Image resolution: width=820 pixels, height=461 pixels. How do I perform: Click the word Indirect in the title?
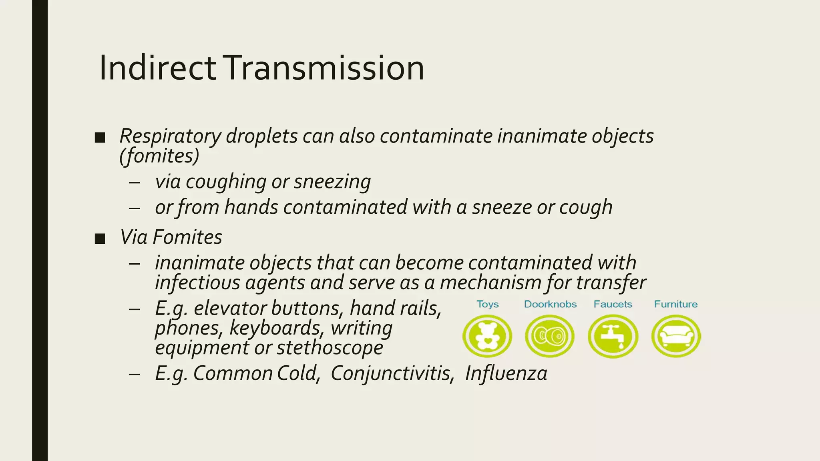pyautogui.click(x=157, y=68)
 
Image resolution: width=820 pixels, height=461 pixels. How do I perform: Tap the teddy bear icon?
pyautogui.click(x=487, y=336)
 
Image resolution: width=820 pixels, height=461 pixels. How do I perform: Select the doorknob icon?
pyautogui.click(x=550, y=336)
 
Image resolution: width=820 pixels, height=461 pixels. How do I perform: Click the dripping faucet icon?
pyautogui.click(x=613, y=336)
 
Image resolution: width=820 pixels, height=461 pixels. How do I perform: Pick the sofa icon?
pyautogui.click(x=676, y=336)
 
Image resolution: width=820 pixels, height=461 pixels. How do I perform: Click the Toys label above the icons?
pyautogui.click(x=488, y=305)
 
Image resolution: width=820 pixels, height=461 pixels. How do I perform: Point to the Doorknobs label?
pyautogui.click(x=550, y=305)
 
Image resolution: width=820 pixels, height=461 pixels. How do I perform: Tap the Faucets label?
pyautogui.click(x=613, y=305)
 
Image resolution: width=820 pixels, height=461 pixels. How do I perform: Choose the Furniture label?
pyautogui.click(x=676, y=305)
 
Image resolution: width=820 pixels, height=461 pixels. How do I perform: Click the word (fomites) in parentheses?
pyautogui.click(x=159, y=156)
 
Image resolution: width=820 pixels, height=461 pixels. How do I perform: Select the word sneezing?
pyautogui.click(x=332, y=182)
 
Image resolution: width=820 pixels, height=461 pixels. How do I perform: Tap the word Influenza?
pyautogui.click(x=506, y=373)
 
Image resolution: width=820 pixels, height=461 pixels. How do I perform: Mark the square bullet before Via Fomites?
pyautogui.click(x=100, y=239)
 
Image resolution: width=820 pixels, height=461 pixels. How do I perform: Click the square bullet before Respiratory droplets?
pyautogui.click(x=100, y=138)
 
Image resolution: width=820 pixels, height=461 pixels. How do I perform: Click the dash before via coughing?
pyautogui.click(x=135, y=182)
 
